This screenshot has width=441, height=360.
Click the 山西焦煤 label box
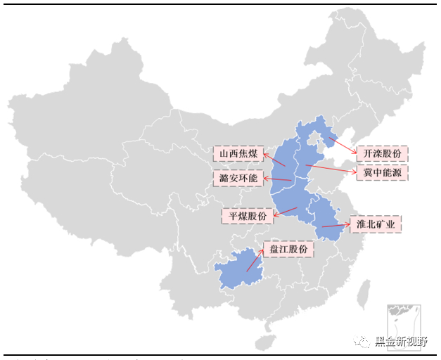(238, 153)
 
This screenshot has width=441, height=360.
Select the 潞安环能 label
(238, 178)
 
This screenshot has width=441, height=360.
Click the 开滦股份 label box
(381, 153)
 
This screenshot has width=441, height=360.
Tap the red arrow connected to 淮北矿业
(336, 226)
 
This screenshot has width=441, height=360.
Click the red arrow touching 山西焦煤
(274, 160)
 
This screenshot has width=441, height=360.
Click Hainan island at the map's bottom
(264, 342)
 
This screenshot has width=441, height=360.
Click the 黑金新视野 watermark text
(401, 342)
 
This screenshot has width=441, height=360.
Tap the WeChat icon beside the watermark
(364, 342)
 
